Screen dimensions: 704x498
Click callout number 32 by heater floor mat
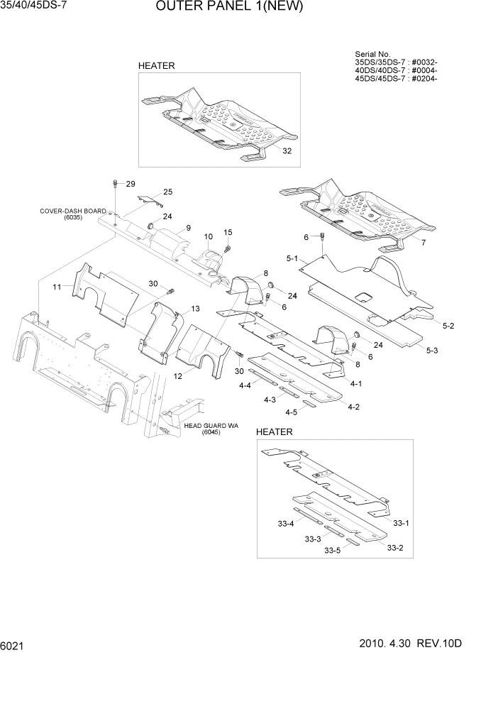click(287, 151)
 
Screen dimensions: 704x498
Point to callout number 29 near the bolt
click(130, 184)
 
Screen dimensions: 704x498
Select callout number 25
click(167, 192)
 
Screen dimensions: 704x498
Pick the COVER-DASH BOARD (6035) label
click(72, 214)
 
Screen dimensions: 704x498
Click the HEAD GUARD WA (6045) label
click(211, 429)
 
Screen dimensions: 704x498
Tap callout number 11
click(57, 287)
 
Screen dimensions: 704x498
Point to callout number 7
click(424, 243)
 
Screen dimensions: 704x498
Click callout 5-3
click(432, 350)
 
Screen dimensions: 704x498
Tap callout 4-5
click(291, 412)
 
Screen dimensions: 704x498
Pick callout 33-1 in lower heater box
click(401, 523)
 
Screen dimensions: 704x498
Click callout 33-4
click(286, 524)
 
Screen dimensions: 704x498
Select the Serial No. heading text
click(372, 54)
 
